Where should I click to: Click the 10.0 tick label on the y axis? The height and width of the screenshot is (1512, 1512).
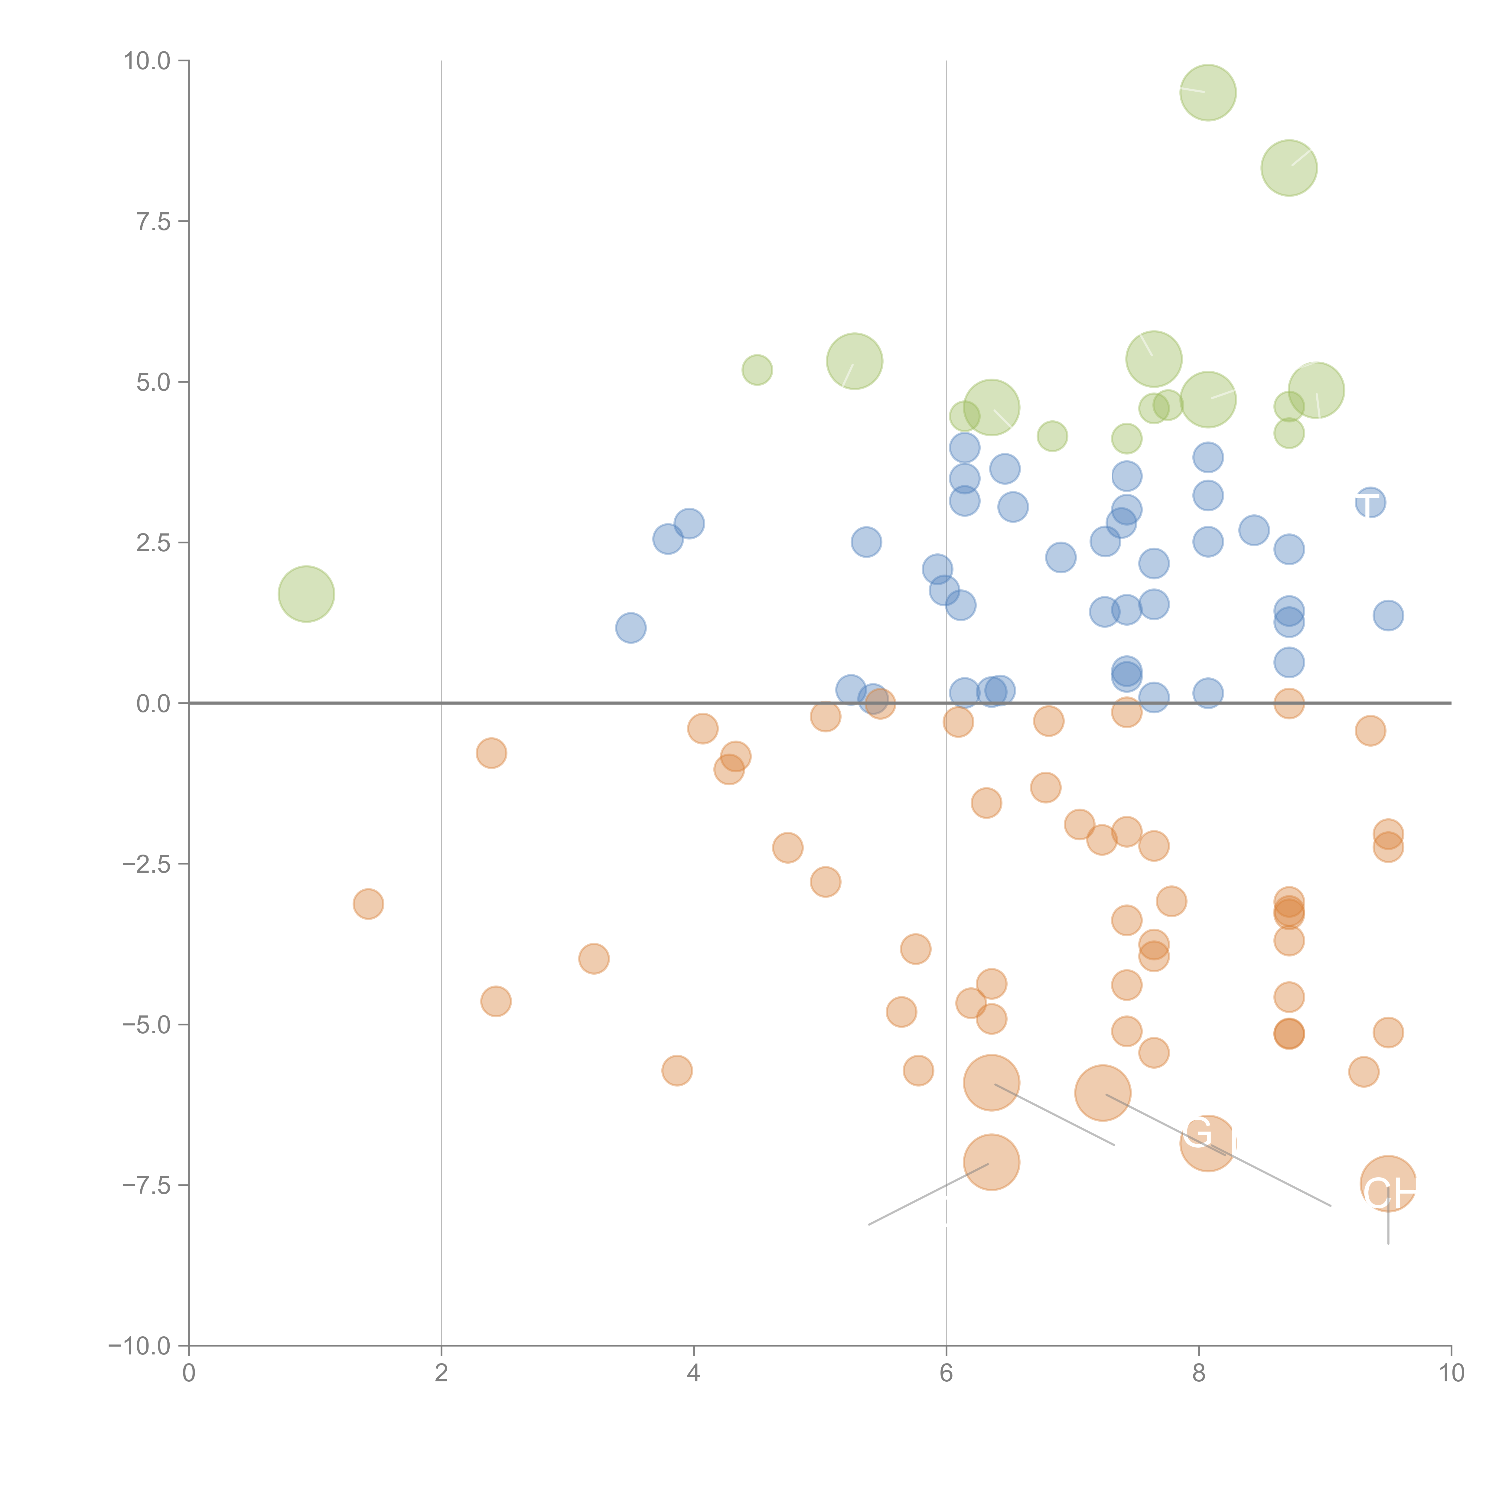coord(147,61)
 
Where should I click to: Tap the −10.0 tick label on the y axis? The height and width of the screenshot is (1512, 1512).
coord(139,1346)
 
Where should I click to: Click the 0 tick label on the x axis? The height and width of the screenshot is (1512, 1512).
coord(189,1374)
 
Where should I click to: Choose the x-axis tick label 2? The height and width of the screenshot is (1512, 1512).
coord(442,1374)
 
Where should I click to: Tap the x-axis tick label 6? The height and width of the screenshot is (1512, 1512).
coord(946,1374)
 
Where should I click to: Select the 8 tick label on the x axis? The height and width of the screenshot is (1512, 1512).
coord(1199,1374)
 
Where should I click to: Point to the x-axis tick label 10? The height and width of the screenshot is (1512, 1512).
coord(1451,1374)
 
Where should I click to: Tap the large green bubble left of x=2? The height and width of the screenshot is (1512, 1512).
coord(306,594)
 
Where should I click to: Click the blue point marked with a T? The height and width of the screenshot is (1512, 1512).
coord(1370,502)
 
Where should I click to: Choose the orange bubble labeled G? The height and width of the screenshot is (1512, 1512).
coord(1207,1143)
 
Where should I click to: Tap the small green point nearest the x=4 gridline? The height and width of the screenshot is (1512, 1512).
coord(757,370)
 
